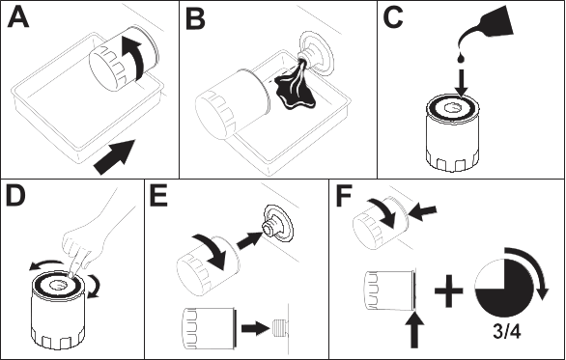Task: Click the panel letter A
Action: click(18, 17)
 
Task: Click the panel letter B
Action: click(195, 19)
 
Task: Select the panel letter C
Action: click(393, 17)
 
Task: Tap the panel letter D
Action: click(15, 196)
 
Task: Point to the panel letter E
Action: click(158, 197)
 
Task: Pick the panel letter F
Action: click(344, 197)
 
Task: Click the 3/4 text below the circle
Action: click(507, 331)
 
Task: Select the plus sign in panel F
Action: click(449, 291)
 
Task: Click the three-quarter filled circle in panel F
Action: click(504, 288)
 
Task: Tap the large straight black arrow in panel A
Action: click(115, 157)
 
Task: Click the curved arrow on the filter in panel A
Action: click(135, 58)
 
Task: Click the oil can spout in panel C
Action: click(485, 28)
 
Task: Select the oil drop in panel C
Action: click(461, 58)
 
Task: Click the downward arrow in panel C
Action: click(461, 83)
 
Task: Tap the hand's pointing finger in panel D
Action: click(75, 263)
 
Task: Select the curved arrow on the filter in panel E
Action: click(213, 251)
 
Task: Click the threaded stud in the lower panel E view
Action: click(279, 327)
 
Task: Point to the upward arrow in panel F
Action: click(414, 331)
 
